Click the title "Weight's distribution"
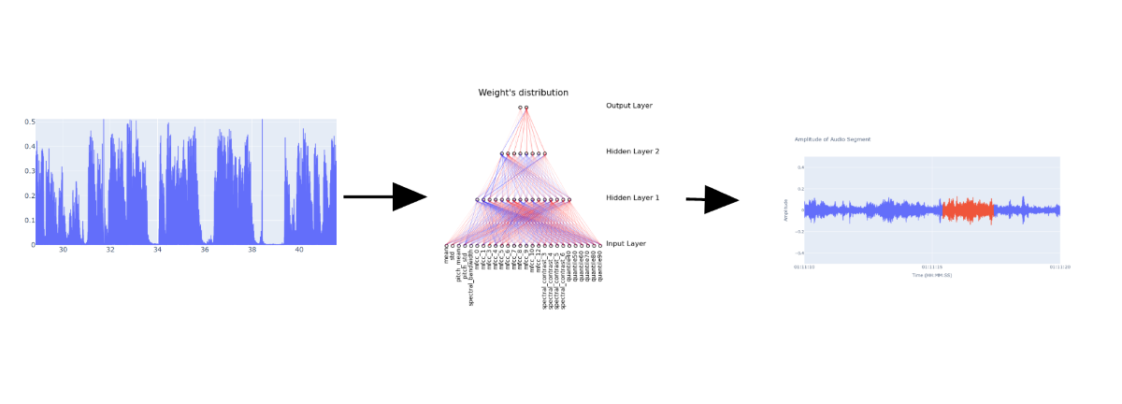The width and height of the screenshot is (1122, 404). click(x=523, y=93)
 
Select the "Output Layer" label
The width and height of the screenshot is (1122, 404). click(x=628, y=106)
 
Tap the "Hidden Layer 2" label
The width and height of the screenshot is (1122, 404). click(x=632, y=151)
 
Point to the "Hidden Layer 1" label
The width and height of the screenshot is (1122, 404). click(x=632, y=198)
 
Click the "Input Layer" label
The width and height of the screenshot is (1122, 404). click(x=626, y=244)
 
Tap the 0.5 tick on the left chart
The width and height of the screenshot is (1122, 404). click(x=29, y=122)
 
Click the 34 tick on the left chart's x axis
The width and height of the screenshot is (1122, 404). click(x=157, y=251)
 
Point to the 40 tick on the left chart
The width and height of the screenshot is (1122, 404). click(x=298, y=251)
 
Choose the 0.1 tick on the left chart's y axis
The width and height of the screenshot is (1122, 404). click(x=29, y=221)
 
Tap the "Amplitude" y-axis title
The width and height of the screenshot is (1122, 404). click(x=786, y=210)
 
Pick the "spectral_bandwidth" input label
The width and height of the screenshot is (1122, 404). click(x=471, y=277)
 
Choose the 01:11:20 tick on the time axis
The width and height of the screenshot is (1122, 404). click(x=1059, y=267)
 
